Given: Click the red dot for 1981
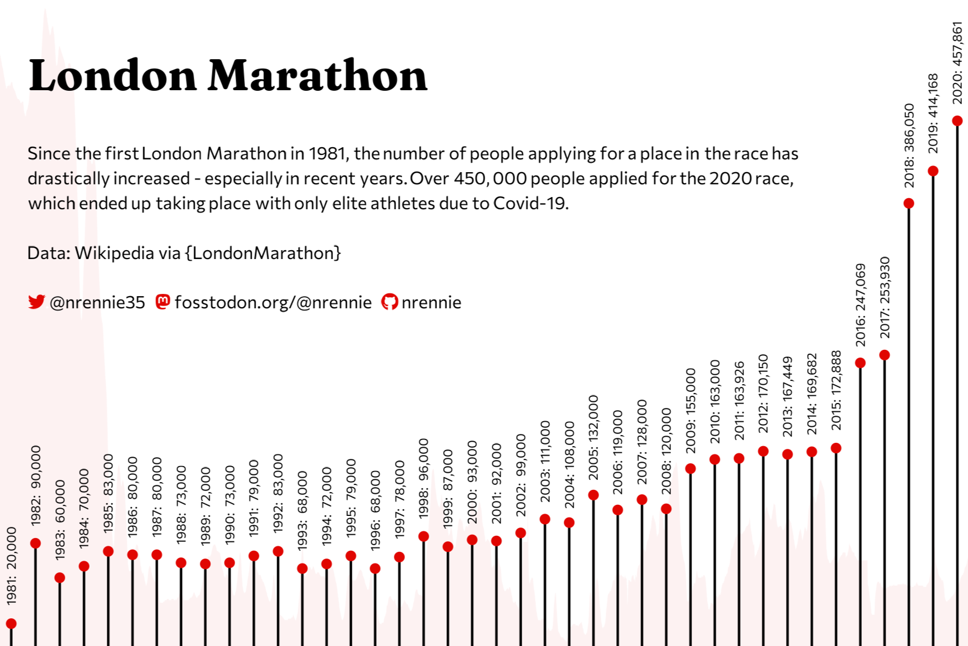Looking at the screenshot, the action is click(x=11, y=624).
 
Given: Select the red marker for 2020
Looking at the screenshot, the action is click(x=957, y=121).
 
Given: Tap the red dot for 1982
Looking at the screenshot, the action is click(x=35, y=543).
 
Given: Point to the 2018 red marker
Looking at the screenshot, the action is click(x=909, y=203).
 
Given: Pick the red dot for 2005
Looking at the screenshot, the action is click(x=594, y=495).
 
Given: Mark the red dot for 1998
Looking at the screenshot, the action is click(x=424, y=536).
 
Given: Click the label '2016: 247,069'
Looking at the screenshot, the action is click(x=860, y=305).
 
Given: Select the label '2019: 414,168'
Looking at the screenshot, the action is click(x=933, y=113).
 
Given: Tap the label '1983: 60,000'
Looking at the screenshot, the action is click(x=60, y=520).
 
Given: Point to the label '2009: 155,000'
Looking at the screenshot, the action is click(x=690, y=411).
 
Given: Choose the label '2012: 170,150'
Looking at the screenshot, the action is click(x=763, y=394).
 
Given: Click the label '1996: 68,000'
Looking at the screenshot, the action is click(x=375, y=511).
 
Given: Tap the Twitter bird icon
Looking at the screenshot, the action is click(x=37, y=302).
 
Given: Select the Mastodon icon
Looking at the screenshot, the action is click(x=163, y=302).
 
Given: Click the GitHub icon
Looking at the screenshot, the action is click(x=389, y=302).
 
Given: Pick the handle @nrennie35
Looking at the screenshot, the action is click(x=97, y=302).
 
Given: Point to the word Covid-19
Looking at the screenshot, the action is click(x=531, y=203).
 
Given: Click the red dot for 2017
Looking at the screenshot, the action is click(x=884, y=355).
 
